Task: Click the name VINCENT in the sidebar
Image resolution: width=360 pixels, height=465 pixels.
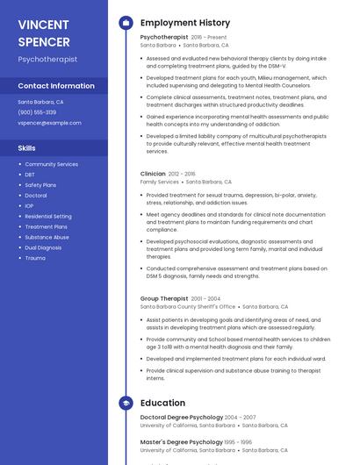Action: pyautogui.click(x=43, y=24)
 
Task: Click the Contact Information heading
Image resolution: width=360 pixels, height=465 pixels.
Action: pyautogui.click(x=56, y=86)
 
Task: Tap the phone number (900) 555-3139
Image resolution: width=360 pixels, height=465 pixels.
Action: pyautogui.click(x=37, y=112)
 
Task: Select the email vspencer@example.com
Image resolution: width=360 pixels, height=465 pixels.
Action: pyautogui.click(x=49, y=123)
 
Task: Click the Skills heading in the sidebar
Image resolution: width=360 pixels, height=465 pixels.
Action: pyautogui.click(x=27, y=148)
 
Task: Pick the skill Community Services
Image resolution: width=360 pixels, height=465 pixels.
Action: pyautogui.click(x=51, y=164)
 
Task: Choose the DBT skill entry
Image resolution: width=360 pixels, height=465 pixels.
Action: pyautogui.click(x=30, y=175)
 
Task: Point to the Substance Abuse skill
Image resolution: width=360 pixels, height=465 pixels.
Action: pyautogui.click(x=47, y=237)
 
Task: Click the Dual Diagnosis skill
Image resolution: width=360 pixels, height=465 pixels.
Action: pyautogui.click(x=43, y=247)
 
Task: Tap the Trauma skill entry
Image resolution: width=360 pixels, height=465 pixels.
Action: pyautogui.click(x=35, y=258)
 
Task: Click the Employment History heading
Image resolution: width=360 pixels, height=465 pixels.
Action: pyautogui.click(x=185, y=23)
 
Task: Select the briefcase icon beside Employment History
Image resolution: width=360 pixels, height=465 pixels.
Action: pyautogui.click(x=125, y=23)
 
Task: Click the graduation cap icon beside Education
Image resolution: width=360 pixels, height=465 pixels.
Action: pyautogui.click(x=125, y=403)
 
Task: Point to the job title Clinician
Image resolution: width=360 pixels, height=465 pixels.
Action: pyautogui.click(x=153, y=174)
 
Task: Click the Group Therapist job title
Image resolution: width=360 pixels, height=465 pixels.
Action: pyautogui.click(x=163, y=298)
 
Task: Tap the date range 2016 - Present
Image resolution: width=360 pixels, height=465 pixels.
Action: pyautogui.click(x=208, y=38)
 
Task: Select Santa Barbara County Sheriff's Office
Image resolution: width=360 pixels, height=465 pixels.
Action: pyautogui.click(x=188, y=307)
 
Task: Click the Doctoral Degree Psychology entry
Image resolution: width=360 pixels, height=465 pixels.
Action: pyautogui.click(x=182, y=417)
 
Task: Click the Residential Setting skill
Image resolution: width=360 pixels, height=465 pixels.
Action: pyautogui.click(x=48, y=216)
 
